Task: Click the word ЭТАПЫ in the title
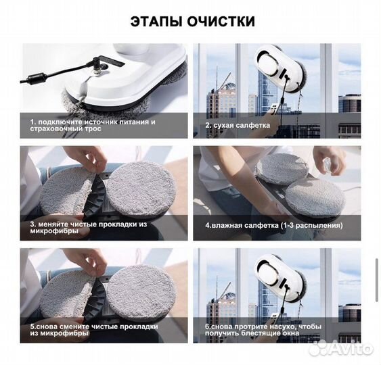coord(156,21)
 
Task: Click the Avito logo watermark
coord(346,349)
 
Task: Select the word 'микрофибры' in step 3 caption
coord(52,231)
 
